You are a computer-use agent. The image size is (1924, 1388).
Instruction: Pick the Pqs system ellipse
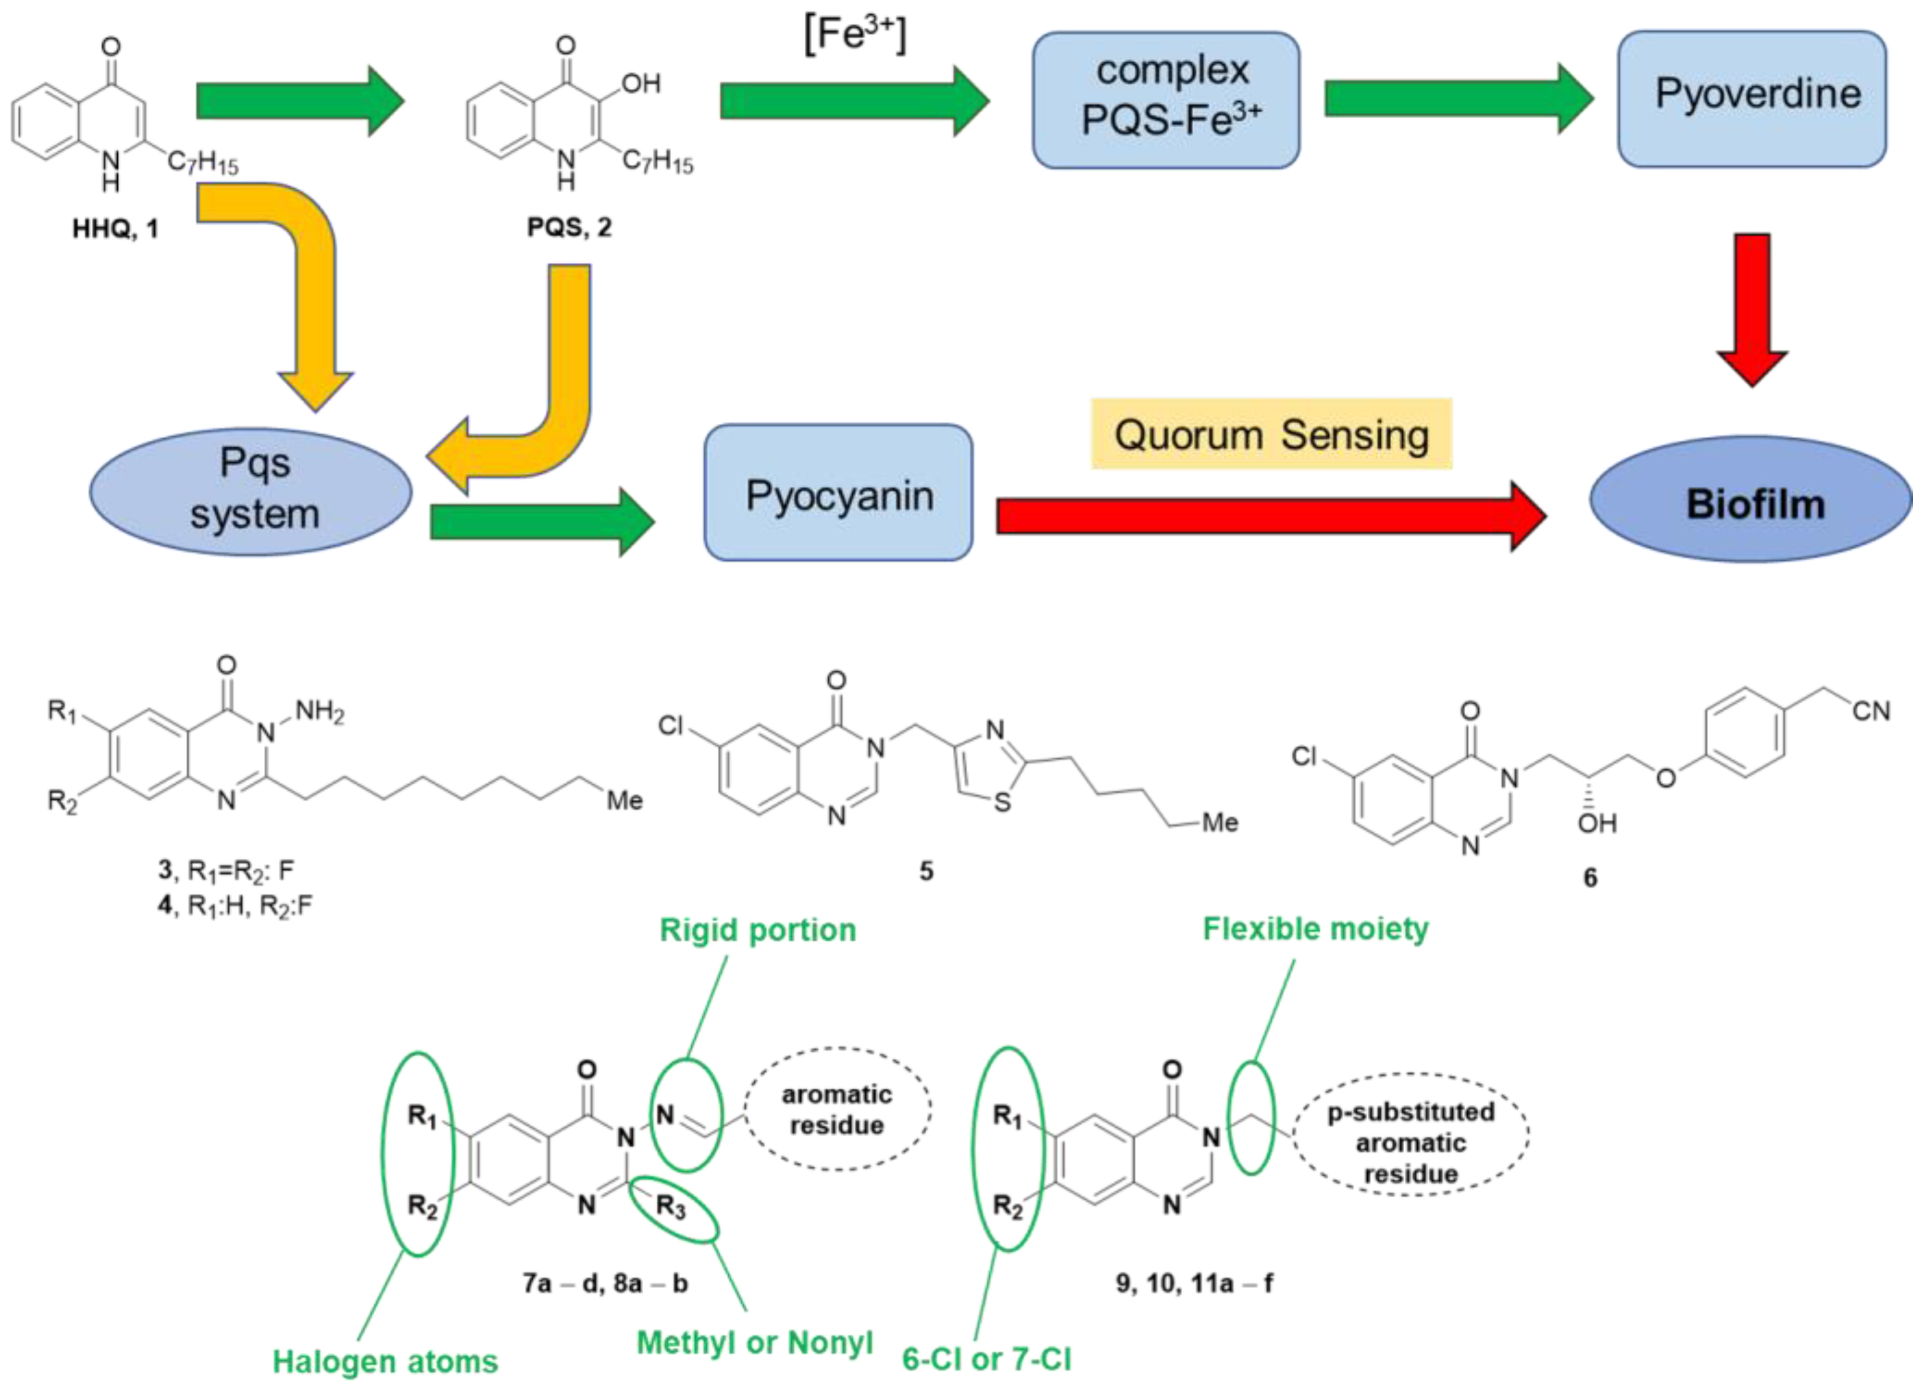point(252,492)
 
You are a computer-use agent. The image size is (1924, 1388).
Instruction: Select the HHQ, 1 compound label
point(115,229)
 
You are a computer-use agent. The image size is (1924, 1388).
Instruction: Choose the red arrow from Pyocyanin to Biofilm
point(1268,516)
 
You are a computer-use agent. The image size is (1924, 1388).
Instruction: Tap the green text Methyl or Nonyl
point(755,1343)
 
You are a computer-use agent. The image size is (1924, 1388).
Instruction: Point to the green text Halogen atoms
point(385,1361)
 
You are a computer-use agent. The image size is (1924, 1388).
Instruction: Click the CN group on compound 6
point(1870,711)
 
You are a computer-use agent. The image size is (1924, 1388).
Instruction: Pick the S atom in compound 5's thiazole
point(1003,803)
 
